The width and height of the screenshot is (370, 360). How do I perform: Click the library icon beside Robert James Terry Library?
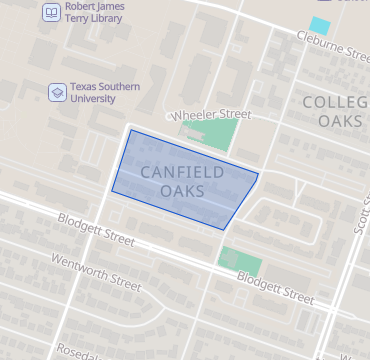(x=50, y=13)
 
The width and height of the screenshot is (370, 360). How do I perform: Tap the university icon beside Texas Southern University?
(x=58, y=92)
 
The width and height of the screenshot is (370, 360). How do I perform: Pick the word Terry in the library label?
(x=80, y=18)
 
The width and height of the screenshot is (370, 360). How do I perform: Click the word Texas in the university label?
(x=88, y=86)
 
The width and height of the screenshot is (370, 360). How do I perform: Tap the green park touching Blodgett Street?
(x=240, y=262)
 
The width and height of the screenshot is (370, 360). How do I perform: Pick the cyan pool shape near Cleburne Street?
(x=320, y=25)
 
